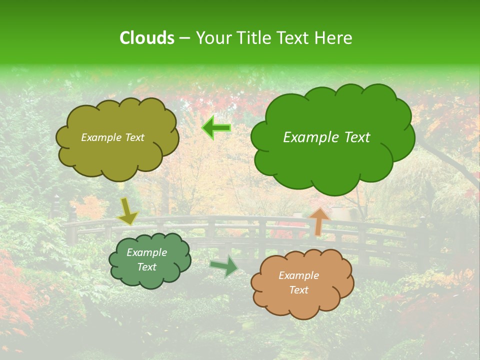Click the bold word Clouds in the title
[x=147, y=37]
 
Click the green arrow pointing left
[x=216, y=128]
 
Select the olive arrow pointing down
[x=127, y=212]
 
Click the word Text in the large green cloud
[x=353, y=137]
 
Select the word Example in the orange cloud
[x=298, y=275]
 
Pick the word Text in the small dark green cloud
[x=146, y=267]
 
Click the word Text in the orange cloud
[x=298, y=290]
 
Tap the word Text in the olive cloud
[x=134, y=137]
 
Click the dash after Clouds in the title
[x=184, y=37]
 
